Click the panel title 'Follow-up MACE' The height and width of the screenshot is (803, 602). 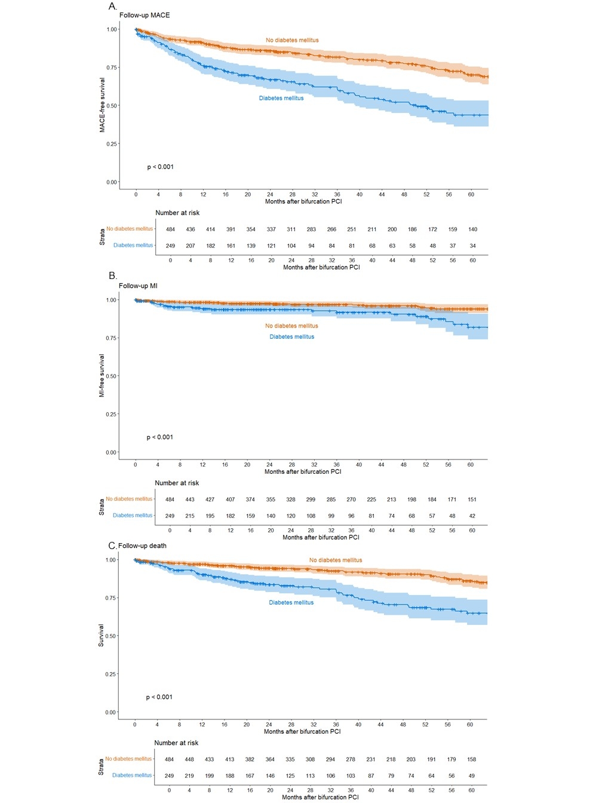click(x=145, y=15)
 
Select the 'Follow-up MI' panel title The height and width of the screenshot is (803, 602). click(x=138, y=286)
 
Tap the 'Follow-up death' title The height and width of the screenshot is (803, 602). click(x=142, y=545)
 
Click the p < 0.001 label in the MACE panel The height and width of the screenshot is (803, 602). click(x=161, y=167)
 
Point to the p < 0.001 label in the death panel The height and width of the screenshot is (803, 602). click(x=159, y=697)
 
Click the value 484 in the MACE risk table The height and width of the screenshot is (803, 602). click(x=170, y=229)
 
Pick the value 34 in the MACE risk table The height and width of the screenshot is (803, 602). click(x=473, y=246)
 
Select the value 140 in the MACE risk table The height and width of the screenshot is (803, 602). click(x=473, y=229)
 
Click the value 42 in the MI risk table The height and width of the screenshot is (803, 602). click(x=472, y=516)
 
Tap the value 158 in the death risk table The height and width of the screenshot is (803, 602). click(x=472, y=759)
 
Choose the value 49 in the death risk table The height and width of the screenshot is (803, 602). click(x=472, y=776)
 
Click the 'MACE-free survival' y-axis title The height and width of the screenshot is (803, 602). click(x=102, y=106)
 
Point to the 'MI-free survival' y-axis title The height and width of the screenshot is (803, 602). click(x=102, y=376)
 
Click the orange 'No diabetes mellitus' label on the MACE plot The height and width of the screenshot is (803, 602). click(x=292, y=40)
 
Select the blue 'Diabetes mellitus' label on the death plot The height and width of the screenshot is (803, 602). click(x=291, y=602)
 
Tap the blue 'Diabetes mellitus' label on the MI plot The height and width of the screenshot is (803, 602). click(x=291, y=336)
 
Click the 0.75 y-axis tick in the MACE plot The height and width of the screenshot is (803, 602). click(x=112, y=68)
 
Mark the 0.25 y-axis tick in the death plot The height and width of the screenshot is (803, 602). click(x=110, y=674)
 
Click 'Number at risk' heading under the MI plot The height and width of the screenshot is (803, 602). click(x=177, y=483)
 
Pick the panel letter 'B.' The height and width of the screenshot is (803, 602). click(x=113, y=276)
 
